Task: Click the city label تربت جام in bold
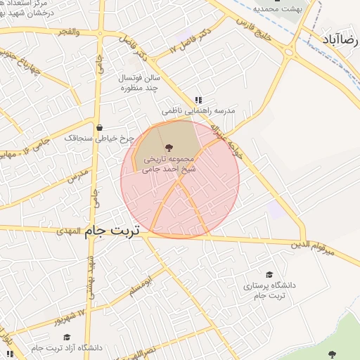point(112,230)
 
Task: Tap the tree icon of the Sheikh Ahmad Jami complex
point(168,147)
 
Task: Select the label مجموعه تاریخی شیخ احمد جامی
point(168,164)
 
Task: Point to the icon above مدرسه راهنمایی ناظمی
point(198,100)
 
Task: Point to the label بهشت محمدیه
point(277,9)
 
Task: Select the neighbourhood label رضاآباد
point(341,39)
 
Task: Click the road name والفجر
point(67,32)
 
